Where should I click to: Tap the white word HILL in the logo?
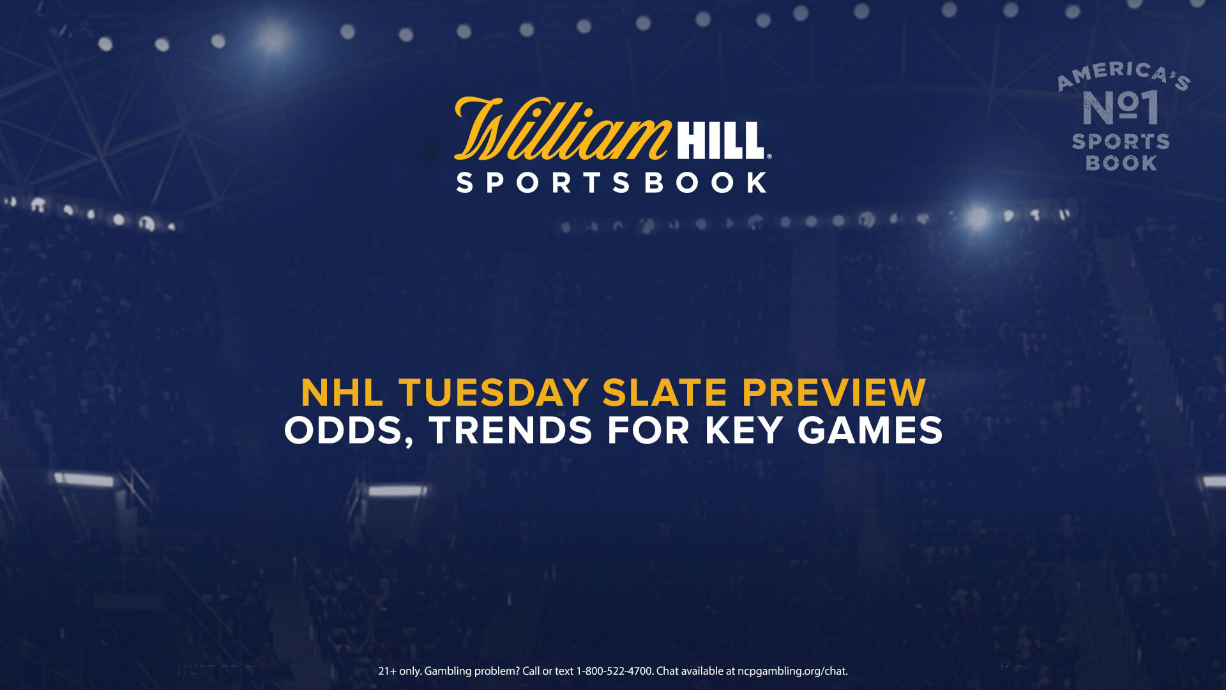tap(720, 141)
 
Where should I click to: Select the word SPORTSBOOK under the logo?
tap(612, 183)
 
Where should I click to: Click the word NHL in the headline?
tap(342, 392)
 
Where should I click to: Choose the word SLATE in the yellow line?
tap(665, 392)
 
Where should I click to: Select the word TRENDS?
tap(511, 431)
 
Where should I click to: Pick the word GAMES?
tap(870, 431)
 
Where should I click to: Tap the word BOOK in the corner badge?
tap(1121, 164)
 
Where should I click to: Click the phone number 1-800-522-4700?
tap(614, 671)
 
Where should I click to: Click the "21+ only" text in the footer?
tap(400, 671)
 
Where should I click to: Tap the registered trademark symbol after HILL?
tap(769, 156)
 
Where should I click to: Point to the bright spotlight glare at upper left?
tap(273, 36)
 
